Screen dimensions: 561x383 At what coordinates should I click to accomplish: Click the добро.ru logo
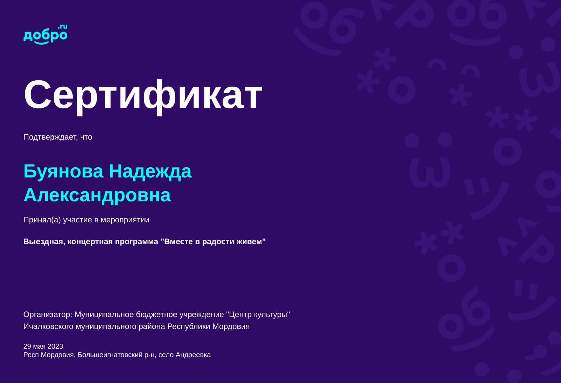click(x=45, y=35)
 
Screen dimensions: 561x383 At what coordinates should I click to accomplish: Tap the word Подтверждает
click(x=50, y=137)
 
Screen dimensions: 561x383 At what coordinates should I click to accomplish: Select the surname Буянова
click(x=63, y=172)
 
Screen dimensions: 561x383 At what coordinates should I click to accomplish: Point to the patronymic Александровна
click(x=97, y=195)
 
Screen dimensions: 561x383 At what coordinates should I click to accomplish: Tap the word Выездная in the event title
click(x=44, y=241)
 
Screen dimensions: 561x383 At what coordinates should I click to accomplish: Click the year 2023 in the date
click(x=55, y=346)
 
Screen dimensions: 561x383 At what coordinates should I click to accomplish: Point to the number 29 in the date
click(x=27, y=346)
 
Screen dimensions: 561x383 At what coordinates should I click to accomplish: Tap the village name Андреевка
click(x=193, y=355)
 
